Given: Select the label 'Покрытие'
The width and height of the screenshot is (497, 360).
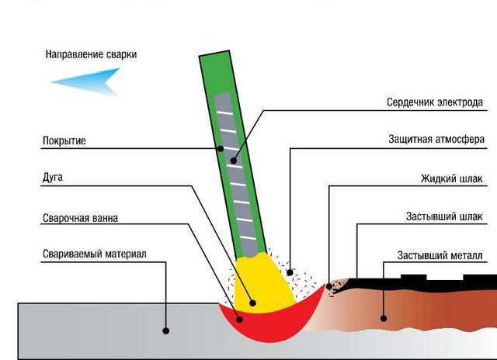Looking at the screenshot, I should pyautogui.click(x=64, y=141).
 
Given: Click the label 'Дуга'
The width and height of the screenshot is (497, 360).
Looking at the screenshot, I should pyautogui.click(x=53, y=178).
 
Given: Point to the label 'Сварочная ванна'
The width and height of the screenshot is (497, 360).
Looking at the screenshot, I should pyautogui.click(x=80, y=218).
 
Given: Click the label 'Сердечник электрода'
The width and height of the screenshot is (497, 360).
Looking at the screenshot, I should pyautogui.click(x=435, y=102).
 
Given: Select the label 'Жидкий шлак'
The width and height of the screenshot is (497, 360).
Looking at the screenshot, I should pyautogui.click(x=451, y=178).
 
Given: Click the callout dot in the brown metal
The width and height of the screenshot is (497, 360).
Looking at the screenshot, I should pyautogui.click(x=383, y=317).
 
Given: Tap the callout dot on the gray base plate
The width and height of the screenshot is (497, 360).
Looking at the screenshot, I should pyautogui.click(x=166, y=331).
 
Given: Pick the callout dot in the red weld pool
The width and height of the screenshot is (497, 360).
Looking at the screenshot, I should pyautogui.click(x=238, y=317).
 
